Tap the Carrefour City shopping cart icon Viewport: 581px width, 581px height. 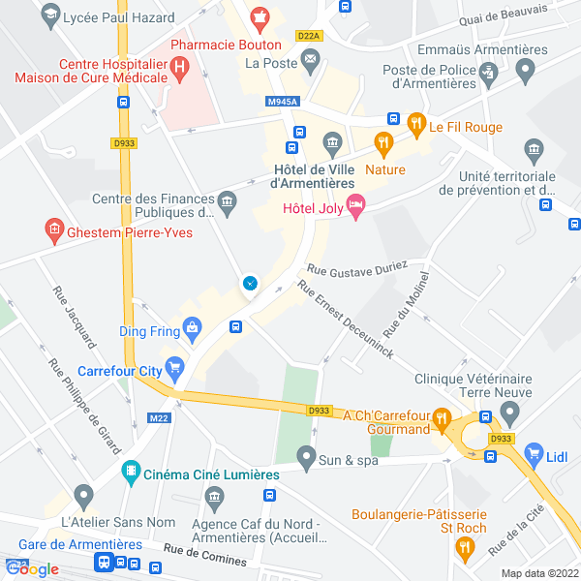pos(174,368)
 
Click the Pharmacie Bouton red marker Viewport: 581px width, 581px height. pos(259,17)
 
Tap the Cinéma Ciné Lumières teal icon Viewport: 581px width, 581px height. pos(129,474)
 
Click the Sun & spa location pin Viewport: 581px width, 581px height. pos(306,455)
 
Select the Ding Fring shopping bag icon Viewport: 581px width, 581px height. pos(193,330)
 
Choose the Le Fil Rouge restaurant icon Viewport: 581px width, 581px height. pos(416,123)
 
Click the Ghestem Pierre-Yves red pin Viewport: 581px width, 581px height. pos(54,232)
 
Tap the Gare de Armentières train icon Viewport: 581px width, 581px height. pos(103,563)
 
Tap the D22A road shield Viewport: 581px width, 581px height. pos(309,36)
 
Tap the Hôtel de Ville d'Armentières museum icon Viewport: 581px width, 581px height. pos(332,145)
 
